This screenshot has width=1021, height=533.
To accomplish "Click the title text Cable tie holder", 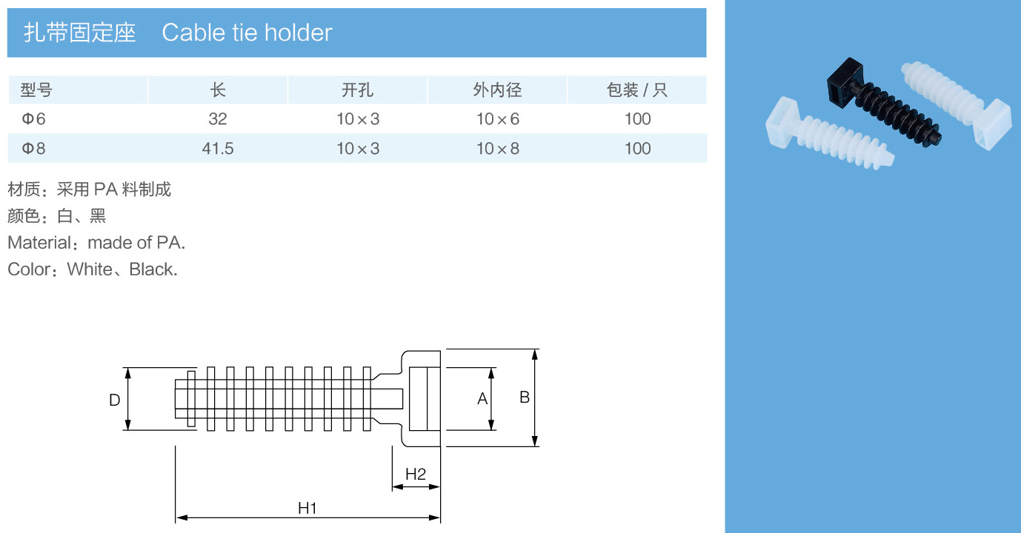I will pyautogui.click(x=247, y=33).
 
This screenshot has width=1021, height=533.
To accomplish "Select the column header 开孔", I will pyautogui.click(x=357, y=90).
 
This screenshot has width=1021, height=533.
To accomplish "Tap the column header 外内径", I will pyautogui.click(x=497, y=90).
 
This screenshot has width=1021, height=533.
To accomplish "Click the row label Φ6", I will pyautogui.click(x=33, y=119).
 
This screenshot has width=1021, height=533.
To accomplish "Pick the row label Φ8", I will pyautogui.click(x=33, y=149).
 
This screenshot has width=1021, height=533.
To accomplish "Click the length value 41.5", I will pyautogui.click(x=218, y=149).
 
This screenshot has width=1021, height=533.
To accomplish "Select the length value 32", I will pyautogui.click(x=218, y=119).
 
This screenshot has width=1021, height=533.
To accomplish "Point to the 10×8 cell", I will pyautogui.click(x=497, y=149).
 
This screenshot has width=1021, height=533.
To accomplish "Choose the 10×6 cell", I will pyautogui.click(x=497, y=119).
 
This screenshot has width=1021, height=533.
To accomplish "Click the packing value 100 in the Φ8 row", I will pyautogui.click(x=637, y=149).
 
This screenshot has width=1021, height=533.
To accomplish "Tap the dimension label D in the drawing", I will pyautogui.click(x=114, y=400).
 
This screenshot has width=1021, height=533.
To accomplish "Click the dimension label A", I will pyautogui.click(x=482, y=399).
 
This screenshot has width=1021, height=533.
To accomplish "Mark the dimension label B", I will pyautogui.click(x=525, y=398).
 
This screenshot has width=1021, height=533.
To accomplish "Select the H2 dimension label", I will pyautogui.click(x=416, y=475).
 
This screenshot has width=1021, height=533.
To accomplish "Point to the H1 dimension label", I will pyautogui.click(x=307, y=508).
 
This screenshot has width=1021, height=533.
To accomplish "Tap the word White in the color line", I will pyautogui.click(x=90, y=269).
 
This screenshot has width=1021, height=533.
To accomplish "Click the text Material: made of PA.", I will pyautogui.click(x=96, y=243).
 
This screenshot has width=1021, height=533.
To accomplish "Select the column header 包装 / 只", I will pyautogui.click(x=637, y=90).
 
